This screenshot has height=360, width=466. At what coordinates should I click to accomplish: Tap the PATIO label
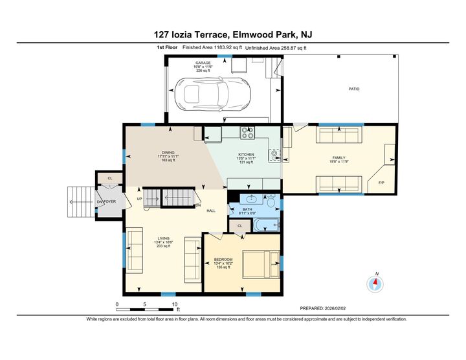[x=353, y=89]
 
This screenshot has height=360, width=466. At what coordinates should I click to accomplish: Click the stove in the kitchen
[x=247, y=133]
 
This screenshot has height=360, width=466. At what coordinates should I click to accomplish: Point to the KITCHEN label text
[x=238, y=154]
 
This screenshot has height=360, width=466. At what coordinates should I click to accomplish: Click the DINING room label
[x=150, y=152]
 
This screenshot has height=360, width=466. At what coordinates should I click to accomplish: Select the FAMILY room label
[x=338, y=157]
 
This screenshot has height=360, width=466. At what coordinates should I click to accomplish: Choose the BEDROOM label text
[x=223, y=260]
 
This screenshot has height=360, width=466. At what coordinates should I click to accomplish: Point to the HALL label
[x=211, y=210]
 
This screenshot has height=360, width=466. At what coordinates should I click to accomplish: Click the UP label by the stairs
[x=139, y=199]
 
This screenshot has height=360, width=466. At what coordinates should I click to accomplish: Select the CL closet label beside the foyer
[x=110, y=178]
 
